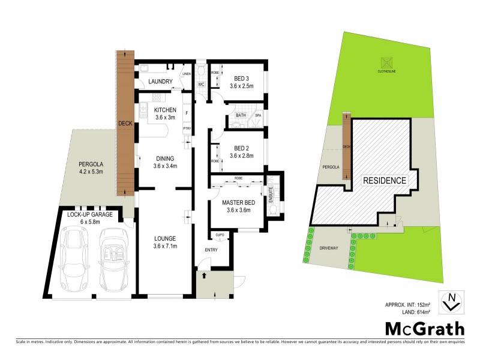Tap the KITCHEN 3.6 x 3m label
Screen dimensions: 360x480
point(165,114)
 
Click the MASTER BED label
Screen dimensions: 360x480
point(238,206)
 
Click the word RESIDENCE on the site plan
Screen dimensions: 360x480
point(385,180)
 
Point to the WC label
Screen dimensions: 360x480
point(202,85)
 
